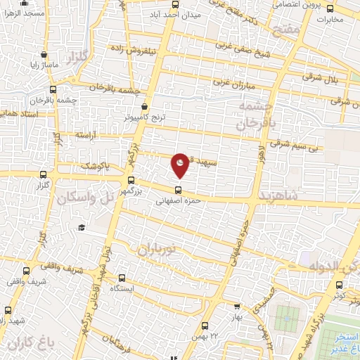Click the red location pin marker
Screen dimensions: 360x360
coord(181,165)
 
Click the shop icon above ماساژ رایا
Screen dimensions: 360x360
coord(44,53)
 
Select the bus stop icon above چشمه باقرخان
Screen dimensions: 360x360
coord(53,89)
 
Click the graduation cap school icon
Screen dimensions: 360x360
coord(82,227)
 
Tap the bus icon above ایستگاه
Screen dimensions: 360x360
coord(124,278)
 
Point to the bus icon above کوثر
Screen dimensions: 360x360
coord(340,285)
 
